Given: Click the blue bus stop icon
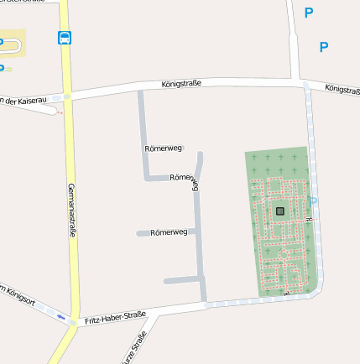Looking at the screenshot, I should click(x=65, y=37).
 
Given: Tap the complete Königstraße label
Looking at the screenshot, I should click(x=181, y=84).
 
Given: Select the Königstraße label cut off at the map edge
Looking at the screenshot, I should click(x=342, y=88).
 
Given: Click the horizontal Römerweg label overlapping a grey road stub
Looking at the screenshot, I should click(x=169, y=231).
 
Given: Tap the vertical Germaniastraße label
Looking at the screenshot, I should click(x=72, y=210).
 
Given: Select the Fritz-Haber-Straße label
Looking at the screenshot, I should click(x=115, y=318).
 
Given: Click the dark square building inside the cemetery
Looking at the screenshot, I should click(x=279, y=211).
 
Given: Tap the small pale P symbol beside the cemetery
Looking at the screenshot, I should click(x=314, y=200).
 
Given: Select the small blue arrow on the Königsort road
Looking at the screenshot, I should click(x=61, y=317).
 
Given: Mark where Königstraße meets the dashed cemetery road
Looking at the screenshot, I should click(x=306, y=86).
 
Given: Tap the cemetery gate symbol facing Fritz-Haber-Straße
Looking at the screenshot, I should click(x=285, y=294).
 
